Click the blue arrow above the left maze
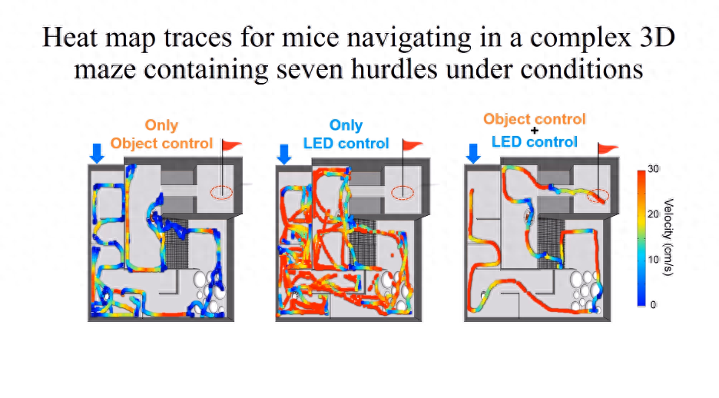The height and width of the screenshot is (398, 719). click(97, 153)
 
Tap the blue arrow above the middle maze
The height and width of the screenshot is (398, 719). click(284, 154)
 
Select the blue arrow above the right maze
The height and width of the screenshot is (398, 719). click(473, 154)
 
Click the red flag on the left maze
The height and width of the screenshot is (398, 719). click(231, 145)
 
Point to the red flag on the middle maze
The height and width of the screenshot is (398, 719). click(413, 145)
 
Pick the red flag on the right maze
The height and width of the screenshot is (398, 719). click(608, 148)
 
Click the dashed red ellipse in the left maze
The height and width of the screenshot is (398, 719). click(221, 193)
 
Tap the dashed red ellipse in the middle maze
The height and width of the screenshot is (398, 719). click(403, 193)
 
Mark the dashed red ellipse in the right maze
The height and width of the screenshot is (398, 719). click(598, 196)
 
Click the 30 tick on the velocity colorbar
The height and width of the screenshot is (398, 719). click(654, 169)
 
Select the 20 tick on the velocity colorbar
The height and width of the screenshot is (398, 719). click(654, 214)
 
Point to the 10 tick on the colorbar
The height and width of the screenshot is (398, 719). click(654, 260)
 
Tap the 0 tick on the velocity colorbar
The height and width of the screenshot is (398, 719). click(654, 305)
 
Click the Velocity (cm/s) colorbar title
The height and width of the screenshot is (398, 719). click(668, 237)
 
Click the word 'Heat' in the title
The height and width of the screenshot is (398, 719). click(70, 37)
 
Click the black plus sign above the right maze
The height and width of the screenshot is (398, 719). click(534, 131)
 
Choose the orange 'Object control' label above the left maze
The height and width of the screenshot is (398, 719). click(161, 143)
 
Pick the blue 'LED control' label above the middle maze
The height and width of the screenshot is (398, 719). click(346, 143)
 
